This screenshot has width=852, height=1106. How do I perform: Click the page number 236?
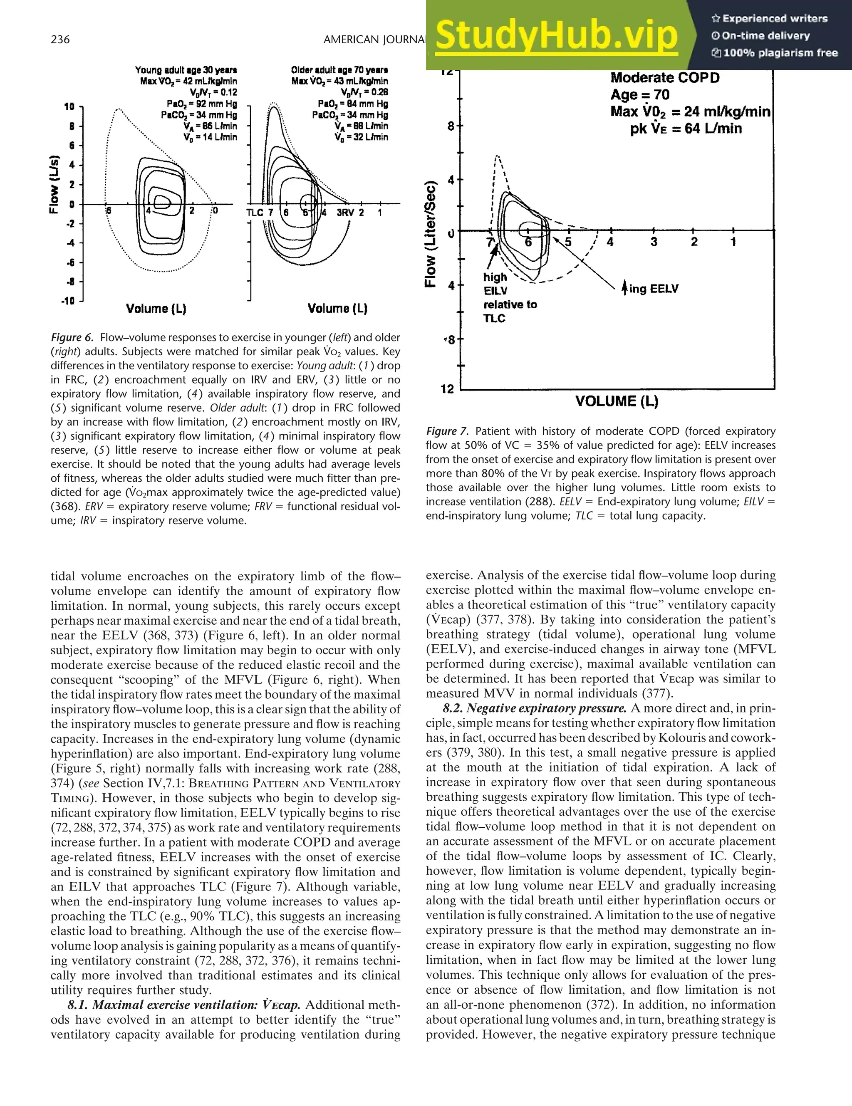click(x=60, y=40)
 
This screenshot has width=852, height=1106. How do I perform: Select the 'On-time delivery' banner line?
click(x=767, y=35)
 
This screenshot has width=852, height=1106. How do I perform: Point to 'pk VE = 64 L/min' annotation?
click(x=686, y=129)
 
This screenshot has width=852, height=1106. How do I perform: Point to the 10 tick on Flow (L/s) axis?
click(x=69, y=107)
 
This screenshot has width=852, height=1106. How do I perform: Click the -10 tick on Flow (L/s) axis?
click(x=68, y=301)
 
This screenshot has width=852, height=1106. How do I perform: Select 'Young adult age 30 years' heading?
click(x=186, y=70)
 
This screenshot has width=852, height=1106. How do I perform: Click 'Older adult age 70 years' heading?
click(x=339, y=70)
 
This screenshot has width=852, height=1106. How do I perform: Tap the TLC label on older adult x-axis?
click(x=254, y=213)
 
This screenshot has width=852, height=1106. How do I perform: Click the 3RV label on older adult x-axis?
click(x=345, y=213)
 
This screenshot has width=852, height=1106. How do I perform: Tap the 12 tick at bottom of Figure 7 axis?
click(x=447, y=389)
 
